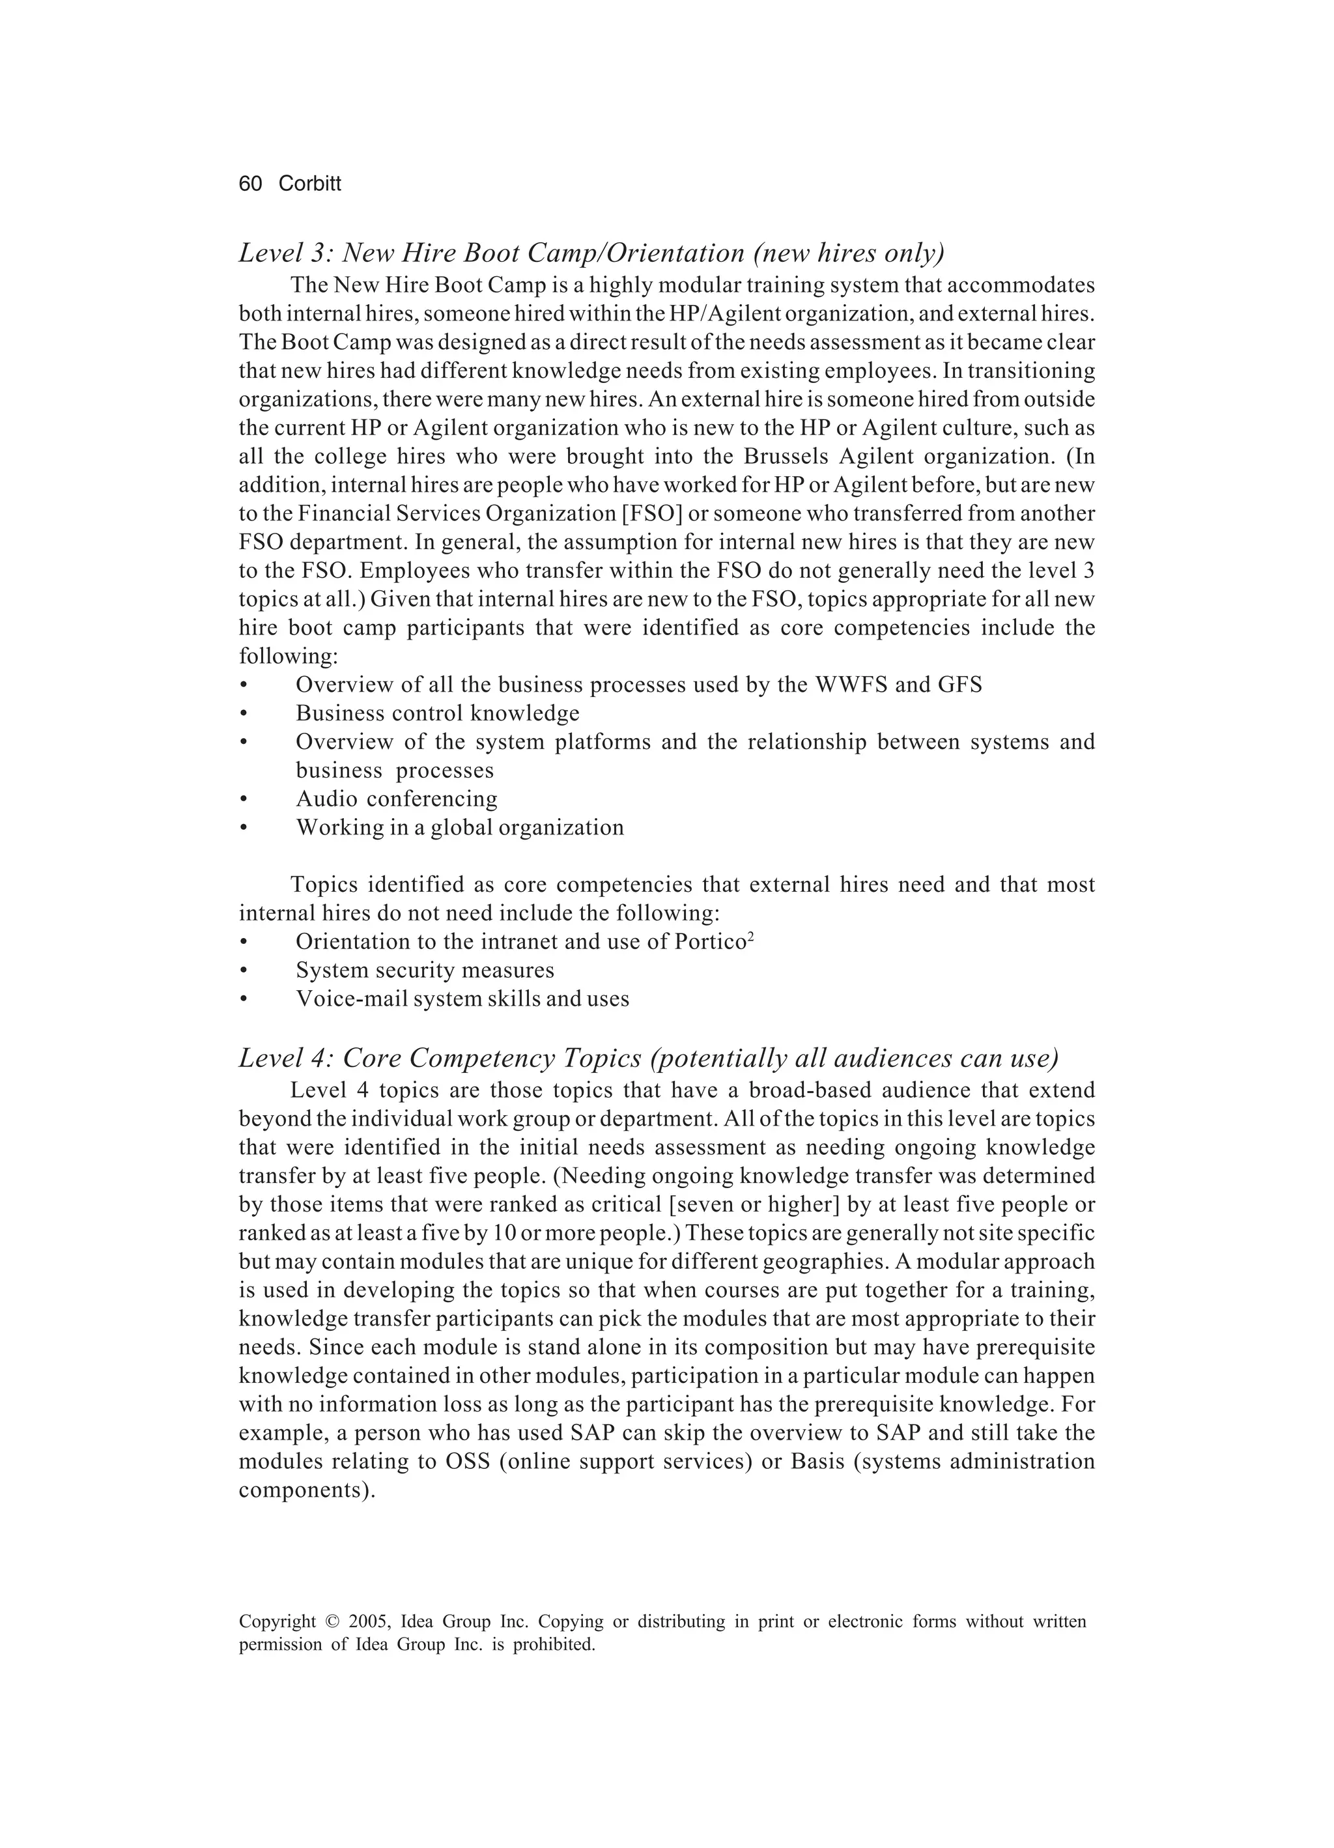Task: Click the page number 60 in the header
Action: (x=250, y=184)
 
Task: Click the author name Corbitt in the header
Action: (x=309, y=184)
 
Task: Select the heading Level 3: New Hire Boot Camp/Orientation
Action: (x=591, y=253)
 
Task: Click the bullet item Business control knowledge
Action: (x=438, y=713)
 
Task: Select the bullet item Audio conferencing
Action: (x=396, y=799)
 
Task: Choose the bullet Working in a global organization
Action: (x=460, y=827)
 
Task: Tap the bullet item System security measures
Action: (x=425, y=970)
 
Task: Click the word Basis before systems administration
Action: (x=818, y=1461)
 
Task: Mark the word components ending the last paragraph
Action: (x=306, y=1490)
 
